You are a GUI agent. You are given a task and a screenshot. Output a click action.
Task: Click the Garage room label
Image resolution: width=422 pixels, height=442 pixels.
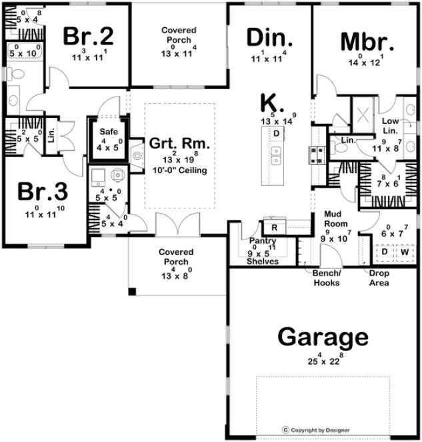pyautogui.click(x=323, y=337)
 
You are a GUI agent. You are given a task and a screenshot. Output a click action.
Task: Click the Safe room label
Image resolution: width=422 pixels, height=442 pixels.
pyautogui.click(x=108, y=132)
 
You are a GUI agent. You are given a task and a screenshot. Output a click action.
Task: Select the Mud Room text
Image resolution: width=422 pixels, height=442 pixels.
pyautogui.click(x=333, y=219)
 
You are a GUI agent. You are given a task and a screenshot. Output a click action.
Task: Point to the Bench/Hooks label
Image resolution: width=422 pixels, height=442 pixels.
pyautogui.click(x=327, y=278)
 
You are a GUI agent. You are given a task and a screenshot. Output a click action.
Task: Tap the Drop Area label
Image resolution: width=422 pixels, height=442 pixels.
pyautogui.click(x=375, y=278)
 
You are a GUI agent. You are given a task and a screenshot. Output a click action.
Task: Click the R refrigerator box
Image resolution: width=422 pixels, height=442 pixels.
pyautogui.click(x=275, y=226)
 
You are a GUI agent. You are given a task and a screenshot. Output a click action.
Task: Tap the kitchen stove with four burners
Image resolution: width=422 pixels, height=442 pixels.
pyautogui.click(x=316, y=154)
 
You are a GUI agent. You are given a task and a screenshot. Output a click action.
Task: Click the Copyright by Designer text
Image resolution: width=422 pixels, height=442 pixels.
pyautogui.click(x=319, y=430)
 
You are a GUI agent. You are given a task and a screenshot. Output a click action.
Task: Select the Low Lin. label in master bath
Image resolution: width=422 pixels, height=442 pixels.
pyautogui.click(x=390, y=125)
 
